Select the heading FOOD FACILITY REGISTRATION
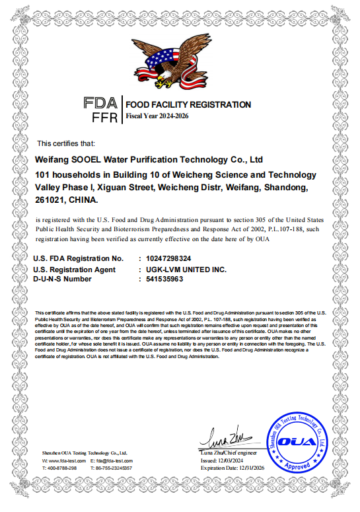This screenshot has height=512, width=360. point(188,104)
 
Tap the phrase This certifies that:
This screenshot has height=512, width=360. point(66,143)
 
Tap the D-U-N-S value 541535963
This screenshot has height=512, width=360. point(164,279)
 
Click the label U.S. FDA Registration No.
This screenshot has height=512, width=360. point(78,258)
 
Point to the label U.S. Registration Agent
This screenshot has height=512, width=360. point(74,270)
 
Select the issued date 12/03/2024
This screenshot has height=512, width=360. point(229,460)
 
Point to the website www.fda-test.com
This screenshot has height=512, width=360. point(66,460)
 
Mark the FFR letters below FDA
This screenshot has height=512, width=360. point(104,118)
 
